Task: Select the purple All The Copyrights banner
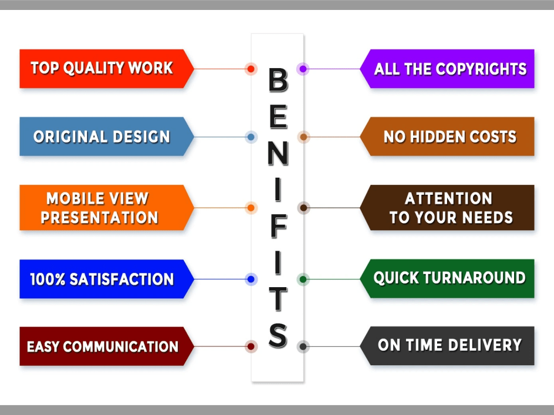coord(447,69)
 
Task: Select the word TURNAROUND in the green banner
coord(475,278)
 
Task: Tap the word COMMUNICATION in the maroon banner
coord(121,346)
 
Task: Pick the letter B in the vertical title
coord(278,80)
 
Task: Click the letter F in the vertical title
coord(278,226)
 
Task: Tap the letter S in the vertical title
coord(278,335)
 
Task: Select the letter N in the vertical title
coord(278,153)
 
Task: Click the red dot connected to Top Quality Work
coord(251,69)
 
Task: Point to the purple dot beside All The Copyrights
coord(303,69)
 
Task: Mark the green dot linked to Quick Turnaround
coord(303,279)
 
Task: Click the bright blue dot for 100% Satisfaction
coord(251,279)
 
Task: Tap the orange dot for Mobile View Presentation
coord(251,208)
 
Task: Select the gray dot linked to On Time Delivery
coord(303,346)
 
